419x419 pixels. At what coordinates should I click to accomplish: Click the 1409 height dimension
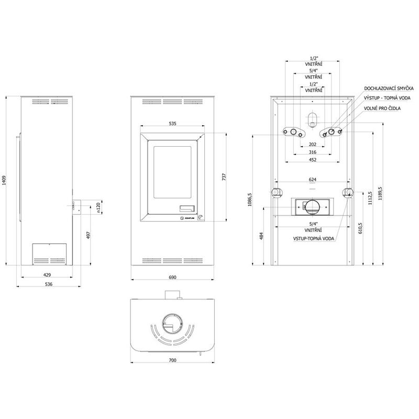tap(4, 180)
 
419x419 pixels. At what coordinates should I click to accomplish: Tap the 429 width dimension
tap(47, 274)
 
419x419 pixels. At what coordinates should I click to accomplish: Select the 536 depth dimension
tap(49, 284)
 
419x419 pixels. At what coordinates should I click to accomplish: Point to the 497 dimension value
tap(89, 235)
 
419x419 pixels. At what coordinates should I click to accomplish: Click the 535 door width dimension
tap(173, 124)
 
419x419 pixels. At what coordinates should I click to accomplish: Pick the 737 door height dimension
tap(224, 177)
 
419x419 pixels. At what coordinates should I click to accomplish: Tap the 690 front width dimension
tap(173, 278)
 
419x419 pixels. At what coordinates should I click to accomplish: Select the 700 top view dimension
tap(173, 360)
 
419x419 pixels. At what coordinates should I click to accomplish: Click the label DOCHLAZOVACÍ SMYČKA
tap(389, 89)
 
